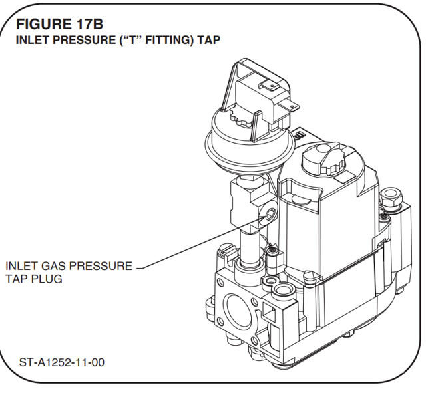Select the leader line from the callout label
pos(200,243)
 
